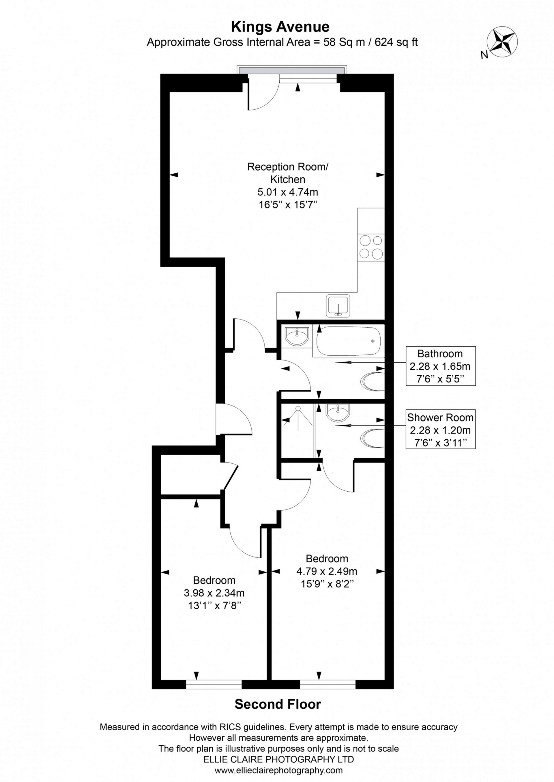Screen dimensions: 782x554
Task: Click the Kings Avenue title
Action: coord(280,27)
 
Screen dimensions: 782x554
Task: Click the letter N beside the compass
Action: coord(484,55)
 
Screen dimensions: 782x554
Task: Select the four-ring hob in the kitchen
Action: coord(371,247)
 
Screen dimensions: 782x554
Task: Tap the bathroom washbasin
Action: coord(297,337)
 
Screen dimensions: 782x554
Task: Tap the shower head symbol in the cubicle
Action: coord(298,408)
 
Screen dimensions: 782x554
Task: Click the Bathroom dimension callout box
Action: coord(440,366)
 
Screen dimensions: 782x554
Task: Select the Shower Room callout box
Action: coord(440,430)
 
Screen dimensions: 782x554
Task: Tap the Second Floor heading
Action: coord(278,704)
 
